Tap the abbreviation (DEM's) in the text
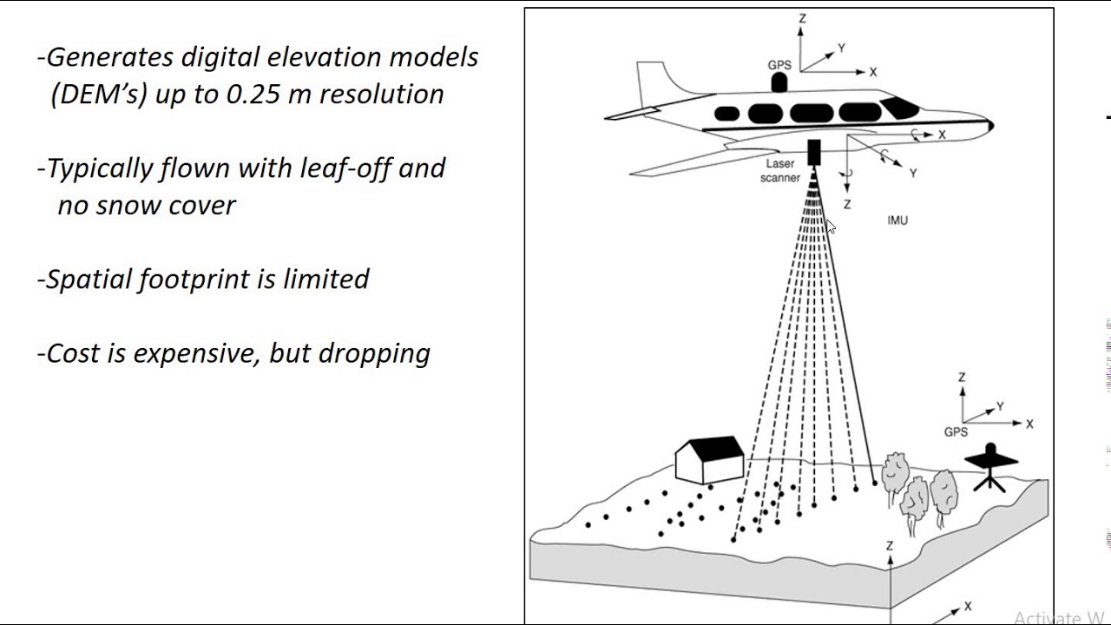pyautogui.click(x=99, y=94)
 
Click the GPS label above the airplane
pyautogui.click(x=779, y=65)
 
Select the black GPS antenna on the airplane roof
pyautogui.click(x=779, y=82)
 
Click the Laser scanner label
pyautogui.click(x=780, y=171)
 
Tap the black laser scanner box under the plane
pyautogui.click(x=814, y=153)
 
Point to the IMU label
pyautogui.click(x=897, y=220)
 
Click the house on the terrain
pyautogui.click(x=709, y=460)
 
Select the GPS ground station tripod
pyautogui.click(x=990, y=467)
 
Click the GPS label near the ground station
pyautogui.click(x=956, y=431)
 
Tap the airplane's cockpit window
pyautogui.click(x=899, y=108)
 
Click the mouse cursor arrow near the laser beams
pyautogui.click(x=830, y=227)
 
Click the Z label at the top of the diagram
pyautogui.click(x=803, y=18)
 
